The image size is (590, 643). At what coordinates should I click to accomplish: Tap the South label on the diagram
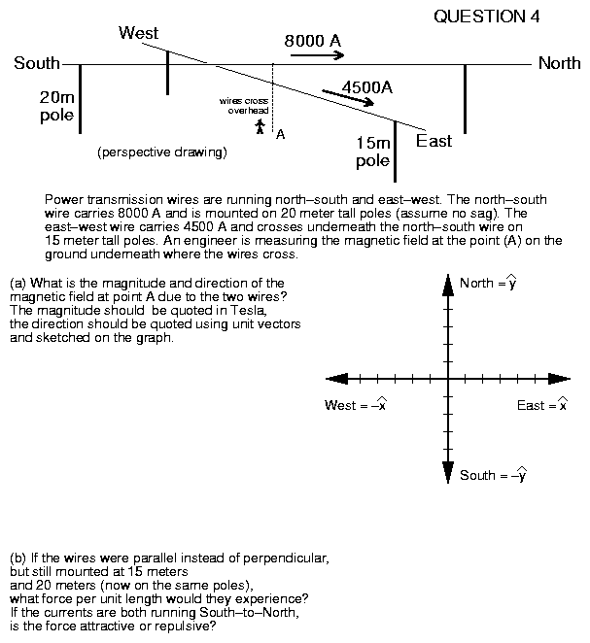tap(37, 64)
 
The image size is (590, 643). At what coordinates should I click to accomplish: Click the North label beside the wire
tap(559, 64)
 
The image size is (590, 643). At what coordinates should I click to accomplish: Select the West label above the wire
tap(138, 34)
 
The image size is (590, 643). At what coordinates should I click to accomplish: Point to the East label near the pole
tap(434, 141)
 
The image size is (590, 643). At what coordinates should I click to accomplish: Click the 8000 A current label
tap(312, 41)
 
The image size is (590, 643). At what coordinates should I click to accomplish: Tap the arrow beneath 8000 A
tap(317, 56)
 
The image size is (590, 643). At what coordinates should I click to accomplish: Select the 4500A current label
tap(367, 86)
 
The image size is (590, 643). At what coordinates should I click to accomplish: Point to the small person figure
tap(260, 126)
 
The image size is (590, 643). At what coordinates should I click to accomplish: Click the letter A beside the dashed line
tap(280, 135)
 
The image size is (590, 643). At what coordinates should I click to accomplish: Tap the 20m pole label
tap(56, 106)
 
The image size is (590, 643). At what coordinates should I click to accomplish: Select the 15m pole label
tap(372, 152)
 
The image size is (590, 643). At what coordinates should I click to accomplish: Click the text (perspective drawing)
tap(162, 152)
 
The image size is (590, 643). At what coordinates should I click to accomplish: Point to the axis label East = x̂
tap(542, 405)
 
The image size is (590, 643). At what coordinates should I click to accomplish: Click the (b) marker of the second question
tap(17, 558)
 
